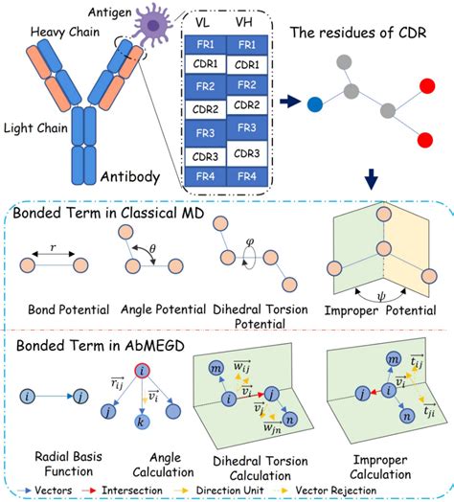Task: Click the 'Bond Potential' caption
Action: tap(56, 308)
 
